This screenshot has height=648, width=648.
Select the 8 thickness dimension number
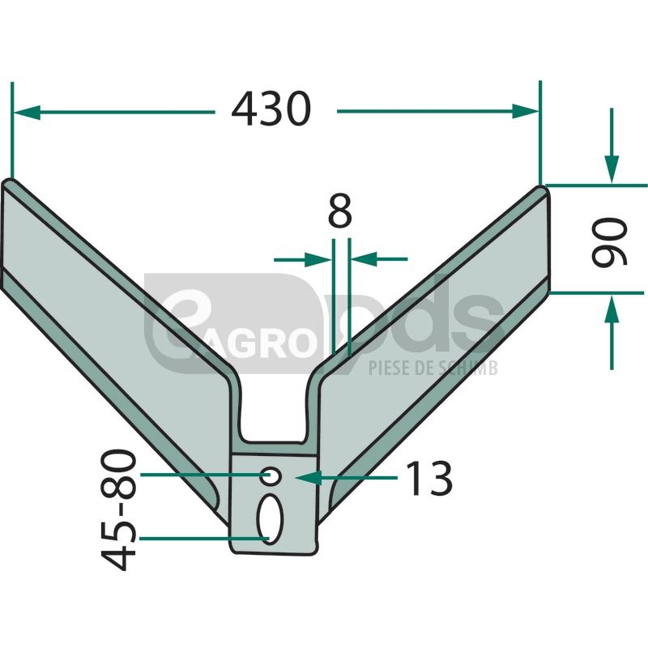pyautogui.click(x=340, y=213)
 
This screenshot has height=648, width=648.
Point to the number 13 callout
pyautogui.click(x=428, y=480)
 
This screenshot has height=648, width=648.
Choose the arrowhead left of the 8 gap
pyautogui.click(x=323, y=259)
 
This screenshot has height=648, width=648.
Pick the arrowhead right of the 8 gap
pyautogui.click(x=358, y=259)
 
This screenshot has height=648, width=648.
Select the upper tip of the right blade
pyautogui.click(x=541, y=191)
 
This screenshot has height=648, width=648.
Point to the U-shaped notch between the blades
pyautogui.click(x=275, y=421)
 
